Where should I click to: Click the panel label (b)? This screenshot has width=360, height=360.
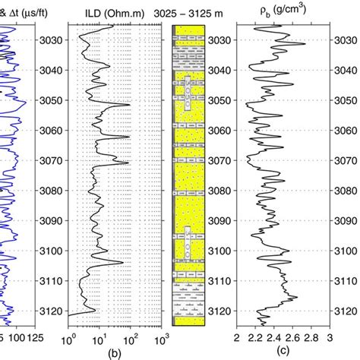point(115,352)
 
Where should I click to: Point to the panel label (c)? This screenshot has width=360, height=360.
point(283,352)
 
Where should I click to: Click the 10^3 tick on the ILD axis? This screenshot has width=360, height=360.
point(161,335)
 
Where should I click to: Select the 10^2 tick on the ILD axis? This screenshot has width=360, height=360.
point(131,335)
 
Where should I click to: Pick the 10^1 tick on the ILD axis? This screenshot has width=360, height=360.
point(100,335)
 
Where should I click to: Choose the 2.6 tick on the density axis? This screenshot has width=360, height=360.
point(292,335)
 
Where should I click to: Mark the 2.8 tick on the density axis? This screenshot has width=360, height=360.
point(311,335)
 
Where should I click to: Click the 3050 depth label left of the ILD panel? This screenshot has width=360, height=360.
point(49,100)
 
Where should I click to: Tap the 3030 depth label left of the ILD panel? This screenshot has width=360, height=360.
point(49,40)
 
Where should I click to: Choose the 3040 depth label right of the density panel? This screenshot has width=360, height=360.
point(347,70)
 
